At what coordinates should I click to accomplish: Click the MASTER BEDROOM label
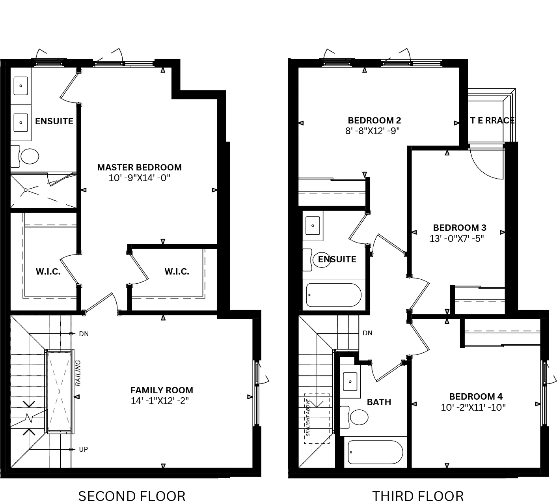click(140, 167)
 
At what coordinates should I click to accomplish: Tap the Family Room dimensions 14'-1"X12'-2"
click(160, 401)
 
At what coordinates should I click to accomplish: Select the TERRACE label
click(492, 120)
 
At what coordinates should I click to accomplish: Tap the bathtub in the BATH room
click(375, 452)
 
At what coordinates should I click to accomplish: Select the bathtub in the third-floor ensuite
click(334, 295)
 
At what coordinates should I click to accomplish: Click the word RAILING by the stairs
click(78, 373)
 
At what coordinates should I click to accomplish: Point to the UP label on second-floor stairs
click(84, 449)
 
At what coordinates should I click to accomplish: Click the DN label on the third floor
click(367, 333)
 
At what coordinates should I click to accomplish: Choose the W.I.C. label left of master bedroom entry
click(48, 271)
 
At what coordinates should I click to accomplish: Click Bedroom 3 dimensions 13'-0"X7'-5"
click(457, 238)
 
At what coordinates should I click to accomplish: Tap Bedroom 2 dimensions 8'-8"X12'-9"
click(373, 131)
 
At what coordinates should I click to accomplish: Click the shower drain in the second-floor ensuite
click(26, 190)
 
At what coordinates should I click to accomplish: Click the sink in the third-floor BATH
click(350, 381)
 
